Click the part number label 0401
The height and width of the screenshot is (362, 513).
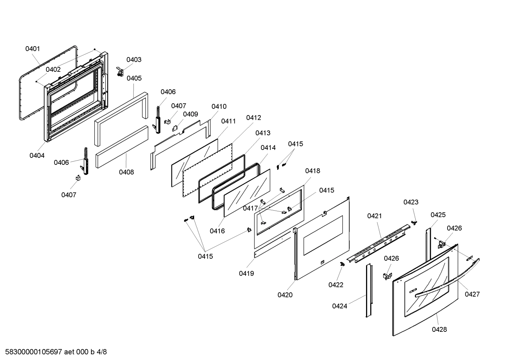[x=32, y=49]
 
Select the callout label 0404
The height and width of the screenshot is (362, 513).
[x=37, y=155]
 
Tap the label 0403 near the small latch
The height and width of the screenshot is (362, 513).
[x=134, y=60]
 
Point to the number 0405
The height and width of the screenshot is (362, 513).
[x=134, y=78]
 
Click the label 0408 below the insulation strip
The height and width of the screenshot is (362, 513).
[x=126, y=172]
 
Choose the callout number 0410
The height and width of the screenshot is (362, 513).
[x=219, y=107]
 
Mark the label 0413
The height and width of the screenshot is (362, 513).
[x=263, y=133]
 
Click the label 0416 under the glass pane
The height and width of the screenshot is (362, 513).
[x=217, y=231]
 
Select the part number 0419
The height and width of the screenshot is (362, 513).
[x=246, y=273]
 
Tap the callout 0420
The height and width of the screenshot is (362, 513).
[x=285, y=295]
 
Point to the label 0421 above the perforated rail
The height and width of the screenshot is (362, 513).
[x=374, y=216]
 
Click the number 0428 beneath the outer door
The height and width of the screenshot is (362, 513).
[x=439, y=329]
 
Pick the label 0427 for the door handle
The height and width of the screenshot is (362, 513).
[x=472, y=294]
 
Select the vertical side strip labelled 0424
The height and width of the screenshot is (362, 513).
[x=369, y=290]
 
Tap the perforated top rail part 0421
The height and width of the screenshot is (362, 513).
[x=379, y=243]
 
